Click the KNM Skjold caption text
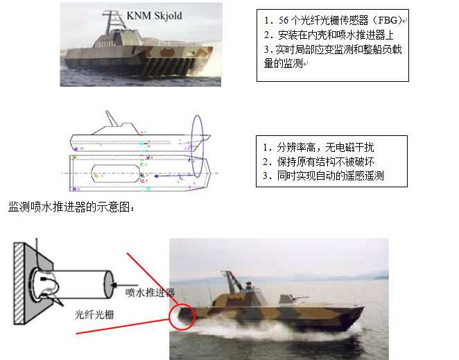tap(154, 15)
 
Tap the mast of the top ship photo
tap(110, 23)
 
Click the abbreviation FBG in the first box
tap(388, 20)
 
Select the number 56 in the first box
tap(284, 20)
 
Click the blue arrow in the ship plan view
tap(173, 176)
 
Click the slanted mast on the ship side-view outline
tap(111, 119)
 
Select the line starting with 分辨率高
tap(318, 147)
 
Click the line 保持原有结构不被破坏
tap(318, 162)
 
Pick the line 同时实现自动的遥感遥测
tap(323, 175)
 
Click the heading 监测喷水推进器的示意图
tap(71, 207)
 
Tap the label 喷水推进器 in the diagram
tap(150, 292)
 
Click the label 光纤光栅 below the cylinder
tap(94, 315)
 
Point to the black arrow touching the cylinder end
tap(124, 285)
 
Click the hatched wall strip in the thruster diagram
tap(19, 283)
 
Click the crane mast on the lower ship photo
tap(233, 281)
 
